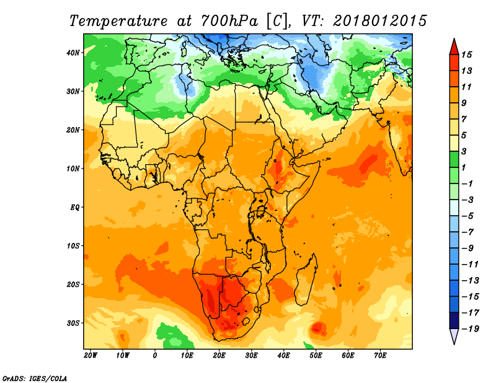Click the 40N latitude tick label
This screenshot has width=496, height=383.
pos(73,53)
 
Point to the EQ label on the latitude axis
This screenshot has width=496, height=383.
pos(74,208)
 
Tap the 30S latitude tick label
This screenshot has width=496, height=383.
pos(73,324)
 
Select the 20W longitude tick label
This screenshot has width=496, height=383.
pos(91,356)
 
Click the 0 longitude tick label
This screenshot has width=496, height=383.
pos(154,356)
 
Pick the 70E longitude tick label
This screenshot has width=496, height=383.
pos(380,356)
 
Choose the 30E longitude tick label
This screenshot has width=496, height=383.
pos(251,356)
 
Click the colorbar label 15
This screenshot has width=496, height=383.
pos(467,55)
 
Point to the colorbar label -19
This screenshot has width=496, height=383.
pos(471,328)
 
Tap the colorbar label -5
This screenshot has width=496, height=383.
pos(468,216)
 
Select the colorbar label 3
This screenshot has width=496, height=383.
pos(464,151)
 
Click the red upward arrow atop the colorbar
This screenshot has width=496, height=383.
pos(454,46)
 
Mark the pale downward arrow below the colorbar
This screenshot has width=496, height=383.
pos(454,337)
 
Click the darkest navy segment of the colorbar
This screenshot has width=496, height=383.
pos(454,320)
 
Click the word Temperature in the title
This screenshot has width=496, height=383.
pos(118,22)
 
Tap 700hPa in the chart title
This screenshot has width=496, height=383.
pos(229,21)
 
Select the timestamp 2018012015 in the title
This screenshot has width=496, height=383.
pos(380,21)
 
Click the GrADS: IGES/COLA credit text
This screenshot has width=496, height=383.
pos(35,379)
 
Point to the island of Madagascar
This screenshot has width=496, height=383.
pos(306,280)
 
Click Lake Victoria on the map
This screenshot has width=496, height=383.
pos(262,210)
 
